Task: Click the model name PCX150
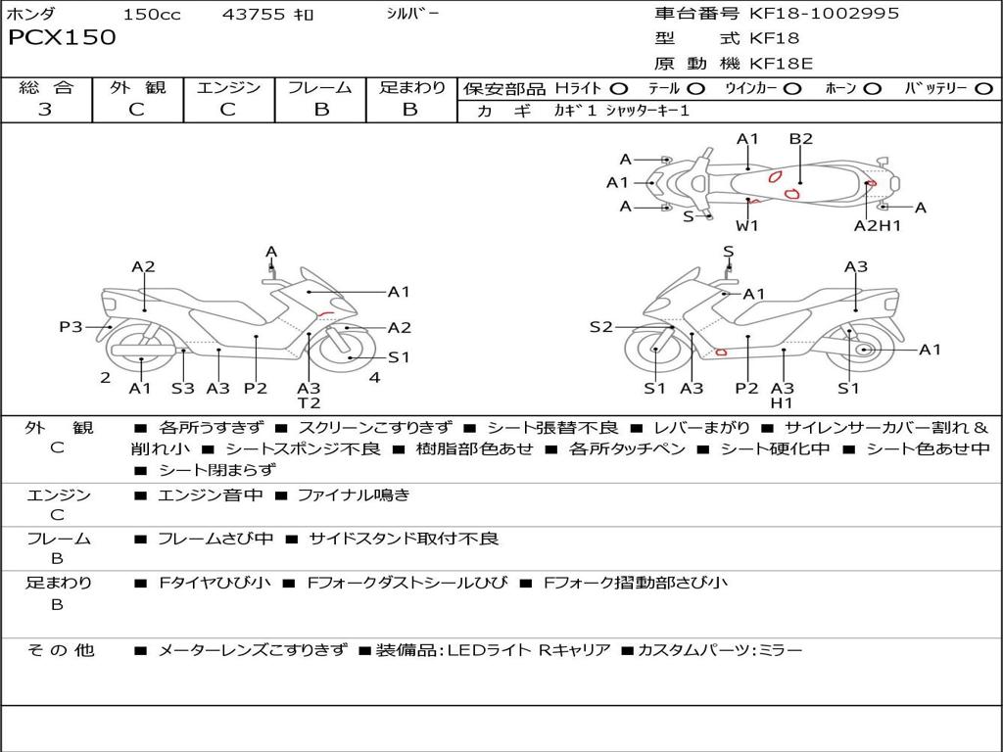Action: coord(62,38)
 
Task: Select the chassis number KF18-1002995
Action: coord(824,14)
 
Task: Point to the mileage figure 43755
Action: coord(254,15)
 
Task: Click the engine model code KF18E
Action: coord(782,65)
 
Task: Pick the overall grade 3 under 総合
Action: coord(45,110)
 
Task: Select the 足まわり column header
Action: coord(411,87)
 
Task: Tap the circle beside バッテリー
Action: coord(982,89)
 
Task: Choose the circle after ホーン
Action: coord(873,89)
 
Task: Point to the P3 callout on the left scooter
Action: coord(71,327)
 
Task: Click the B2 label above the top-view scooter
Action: coord(800,139)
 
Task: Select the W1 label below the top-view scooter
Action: coord(747,225)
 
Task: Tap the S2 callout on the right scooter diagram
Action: coord(600,327)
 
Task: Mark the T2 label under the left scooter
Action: coord(309,402)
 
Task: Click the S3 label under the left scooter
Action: coord(183,388)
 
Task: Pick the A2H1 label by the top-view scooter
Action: coord(877,225)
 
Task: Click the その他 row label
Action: coord(60,650)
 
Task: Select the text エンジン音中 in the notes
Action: coord(211,495)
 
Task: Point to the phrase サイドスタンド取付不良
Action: coord(404,539)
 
